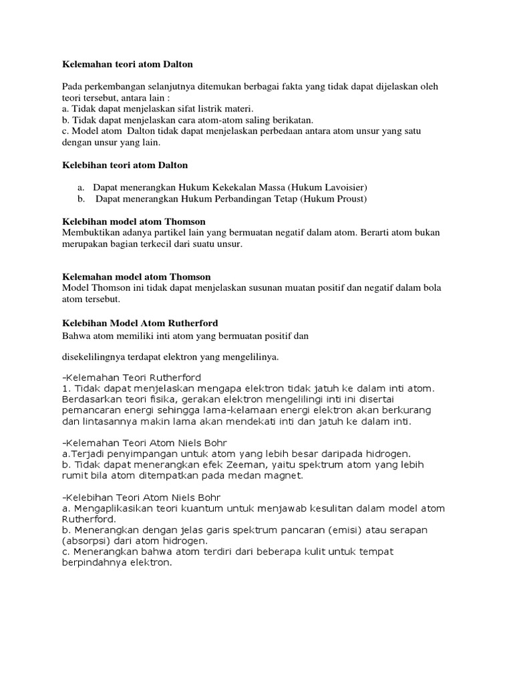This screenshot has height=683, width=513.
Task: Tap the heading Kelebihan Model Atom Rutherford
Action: [x=140, y=323]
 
